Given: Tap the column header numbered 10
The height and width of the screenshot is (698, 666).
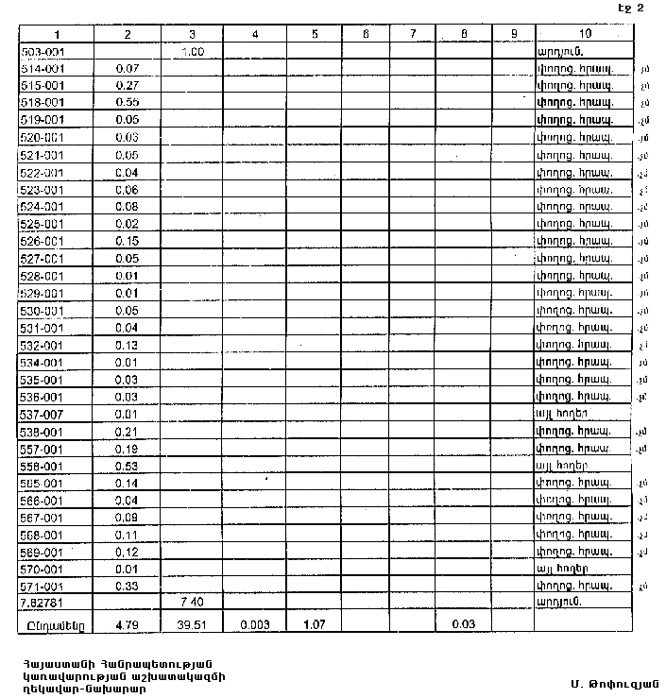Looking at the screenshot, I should click(x=581, y=34).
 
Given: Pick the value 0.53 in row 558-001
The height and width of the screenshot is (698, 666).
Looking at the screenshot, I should click(x=127, y=467).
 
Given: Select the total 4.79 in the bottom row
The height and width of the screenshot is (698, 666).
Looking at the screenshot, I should click(x=127, y=623).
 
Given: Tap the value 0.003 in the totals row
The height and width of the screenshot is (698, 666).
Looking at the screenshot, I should click(x=255, y=623).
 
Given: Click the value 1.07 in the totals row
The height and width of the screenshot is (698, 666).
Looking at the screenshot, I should click(x=314, y=623).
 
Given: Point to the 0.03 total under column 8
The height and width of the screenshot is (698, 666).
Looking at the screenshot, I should click(x=463, y=623).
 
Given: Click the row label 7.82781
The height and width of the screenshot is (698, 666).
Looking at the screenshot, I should click(x=43, y=602).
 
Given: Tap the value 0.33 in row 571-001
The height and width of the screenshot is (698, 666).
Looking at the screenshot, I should click(x=127, y=587).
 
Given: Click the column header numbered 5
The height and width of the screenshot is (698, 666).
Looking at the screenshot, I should click(x=314, y=34).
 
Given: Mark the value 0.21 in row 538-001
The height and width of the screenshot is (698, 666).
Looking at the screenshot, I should click(x=127, y=432).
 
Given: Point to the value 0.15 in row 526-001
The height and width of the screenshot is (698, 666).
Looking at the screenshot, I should click(x=127, y=242).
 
